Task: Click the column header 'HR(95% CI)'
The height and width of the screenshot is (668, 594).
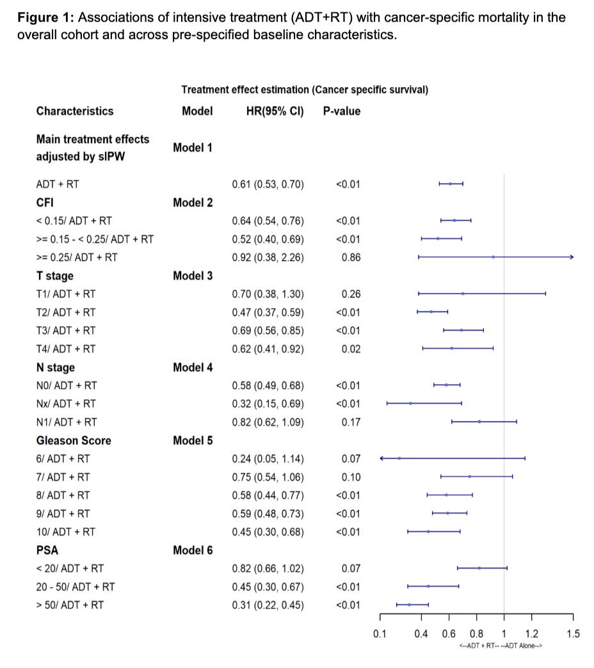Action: tap(275, 111)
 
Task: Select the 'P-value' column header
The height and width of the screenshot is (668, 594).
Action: tap(341, 111)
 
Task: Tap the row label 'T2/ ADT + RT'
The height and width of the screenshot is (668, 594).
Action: tap(66, 312)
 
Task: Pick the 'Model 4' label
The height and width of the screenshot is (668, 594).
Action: tap(193, 367)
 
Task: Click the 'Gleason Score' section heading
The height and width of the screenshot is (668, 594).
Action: tap(74, 440)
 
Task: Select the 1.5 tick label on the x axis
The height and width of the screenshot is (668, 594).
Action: tap(573, 634)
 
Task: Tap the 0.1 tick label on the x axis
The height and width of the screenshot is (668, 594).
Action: tap(380, 634)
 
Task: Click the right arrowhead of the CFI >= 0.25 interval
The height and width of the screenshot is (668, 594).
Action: tap(572, 257)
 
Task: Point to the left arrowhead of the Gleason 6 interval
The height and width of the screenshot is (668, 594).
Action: tap(382, 458)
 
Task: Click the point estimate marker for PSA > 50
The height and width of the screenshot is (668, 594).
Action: tap(409, 605)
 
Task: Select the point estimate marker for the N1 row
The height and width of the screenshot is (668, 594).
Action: tap(479, 422)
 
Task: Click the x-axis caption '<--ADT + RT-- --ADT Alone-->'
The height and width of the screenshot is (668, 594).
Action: tap(501, 647)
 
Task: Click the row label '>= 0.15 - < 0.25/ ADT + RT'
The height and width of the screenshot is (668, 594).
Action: tap(95, 239)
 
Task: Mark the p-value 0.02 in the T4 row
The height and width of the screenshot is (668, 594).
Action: tap(351, 349)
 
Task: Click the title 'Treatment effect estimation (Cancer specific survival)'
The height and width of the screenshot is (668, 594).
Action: tap(305, 90)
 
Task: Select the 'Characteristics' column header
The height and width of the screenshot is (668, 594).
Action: tap(75, 111)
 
